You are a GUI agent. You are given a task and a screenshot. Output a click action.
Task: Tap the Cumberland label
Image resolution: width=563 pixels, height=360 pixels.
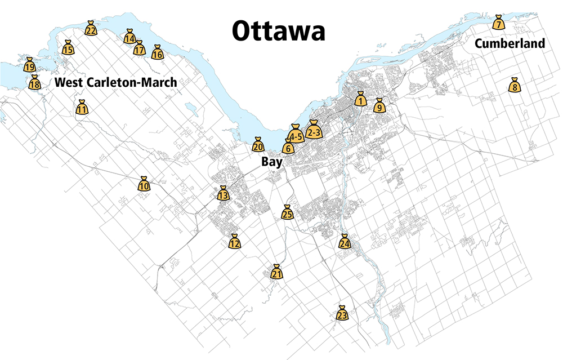pos(510,43)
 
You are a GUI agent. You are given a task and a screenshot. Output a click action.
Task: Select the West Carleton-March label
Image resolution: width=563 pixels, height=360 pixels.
pos(115,82)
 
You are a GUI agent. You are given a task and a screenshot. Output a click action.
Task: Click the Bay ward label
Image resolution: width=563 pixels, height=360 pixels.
pos(271,162)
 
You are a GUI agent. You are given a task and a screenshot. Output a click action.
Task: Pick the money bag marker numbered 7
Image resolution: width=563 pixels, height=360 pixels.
pos(498,23)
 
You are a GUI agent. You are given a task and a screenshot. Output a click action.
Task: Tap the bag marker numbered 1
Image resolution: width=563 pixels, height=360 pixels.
pos(361,100)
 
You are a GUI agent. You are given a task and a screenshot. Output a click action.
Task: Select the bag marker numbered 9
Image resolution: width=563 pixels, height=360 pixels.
pos(379,106)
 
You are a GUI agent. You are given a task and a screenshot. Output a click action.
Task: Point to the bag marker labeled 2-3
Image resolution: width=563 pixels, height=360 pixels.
pos(314,131)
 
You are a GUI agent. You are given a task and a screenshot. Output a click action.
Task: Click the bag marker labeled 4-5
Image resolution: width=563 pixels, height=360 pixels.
pos(296,135)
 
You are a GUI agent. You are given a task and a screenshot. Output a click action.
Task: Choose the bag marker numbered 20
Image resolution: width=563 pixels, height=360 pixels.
pos(258,145)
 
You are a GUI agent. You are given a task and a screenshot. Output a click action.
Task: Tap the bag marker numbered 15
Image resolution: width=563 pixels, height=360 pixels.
pos(68,48)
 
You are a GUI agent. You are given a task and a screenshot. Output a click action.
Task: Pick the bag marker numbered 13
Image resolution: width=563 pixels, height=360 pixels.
pos(223,194)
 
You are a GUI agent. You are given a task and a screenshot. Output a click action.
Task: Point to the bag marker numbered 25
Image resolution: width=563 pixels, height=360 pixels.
pos(287,213)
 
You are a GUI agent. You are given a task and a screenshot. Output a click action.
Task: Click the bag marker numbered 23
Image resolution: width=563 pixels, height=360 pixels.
pos(342,314)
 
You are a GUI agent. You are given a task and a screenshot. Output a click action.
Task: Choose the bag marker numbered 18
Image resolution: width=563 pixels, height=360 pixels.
pos(34,83)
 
